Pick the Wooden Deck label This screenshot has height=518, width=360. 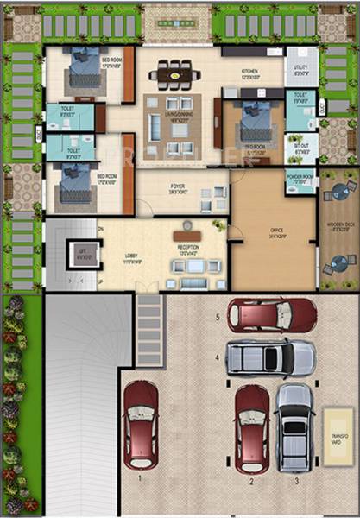(339, 230)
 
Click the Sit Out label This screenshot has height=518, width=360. (300, 145)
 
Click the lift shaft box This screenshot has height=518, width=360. (82, 254)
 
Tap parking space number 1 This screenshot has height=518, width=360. (138, 477)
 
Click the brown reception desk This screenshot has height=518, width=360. (186, 233)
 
